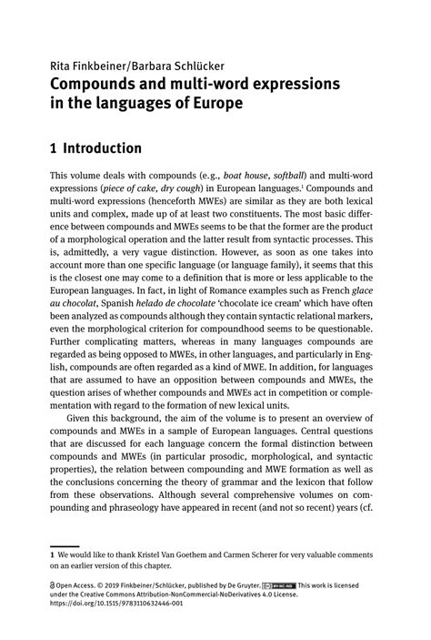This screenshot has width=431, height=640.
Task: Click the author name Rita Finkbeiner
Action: click(81, 66)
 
